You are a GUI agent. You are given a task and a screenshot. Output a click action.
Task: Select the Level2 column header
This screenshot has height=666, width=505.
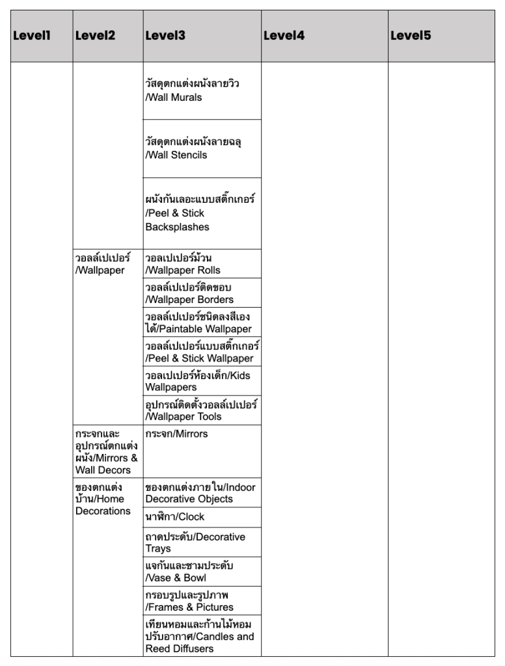coord(95,36)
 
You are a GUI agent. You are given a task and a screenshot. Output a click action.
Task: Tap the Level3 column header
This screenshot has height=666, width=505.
coord(165,36)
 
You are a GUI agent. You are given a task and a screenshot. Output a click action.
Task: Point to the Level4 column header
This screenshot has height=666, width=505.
coord(284,36)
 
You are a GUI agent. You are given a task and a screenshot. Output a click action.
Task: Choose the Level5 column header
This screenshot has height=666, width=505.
coord(411,36)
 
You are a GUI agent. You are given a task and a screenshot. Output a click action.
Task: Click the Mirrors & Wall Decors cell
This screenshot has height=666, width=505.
coord(106,451)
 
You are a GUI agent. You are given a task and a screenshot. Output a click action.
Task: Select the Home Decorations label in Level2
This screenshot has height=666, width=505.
coord(103,499)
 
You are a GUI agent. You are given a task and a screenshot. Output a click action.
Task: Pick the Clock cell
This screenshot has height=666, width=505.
coord(174,516)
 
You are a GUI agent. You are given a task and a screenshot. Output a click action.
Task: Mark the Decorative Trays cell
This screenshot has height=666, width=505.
coord(195,542)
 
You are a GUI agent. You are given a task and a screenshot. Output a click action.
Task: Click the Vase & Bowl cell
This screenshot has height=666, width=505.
coord(189,571)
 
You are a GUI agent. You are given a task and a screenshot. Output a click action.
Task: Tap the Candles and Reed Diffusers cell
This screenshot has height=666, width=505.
coord(199,636)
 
